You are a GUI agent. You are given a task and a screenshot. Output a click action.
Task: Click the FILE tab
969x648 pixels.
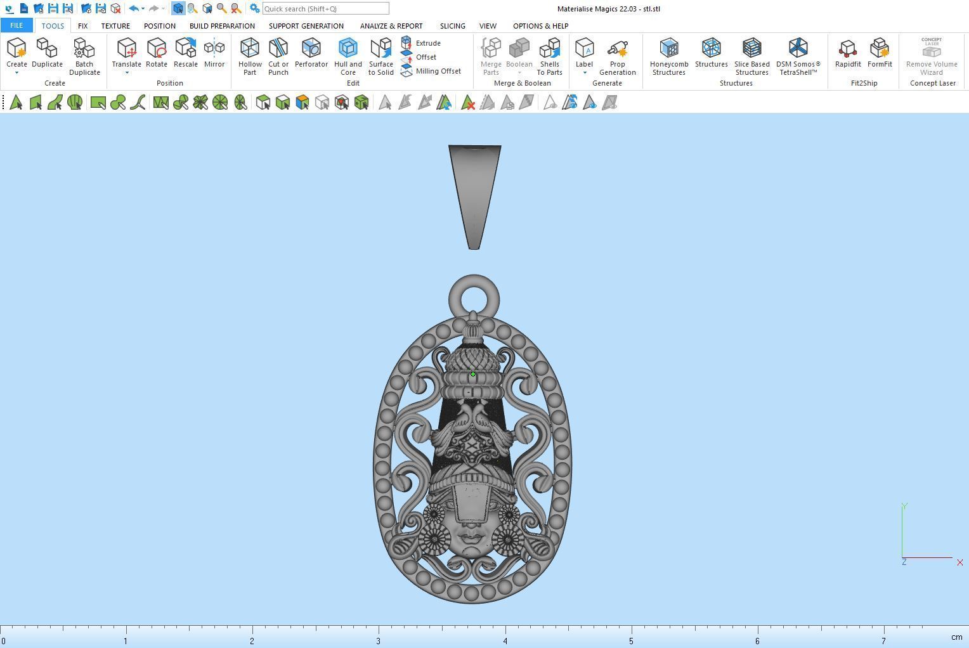(x=16, y=25)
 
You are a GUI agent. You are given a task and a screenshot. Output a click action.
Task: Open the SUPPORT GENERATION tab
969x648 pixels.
(x=306, y=26)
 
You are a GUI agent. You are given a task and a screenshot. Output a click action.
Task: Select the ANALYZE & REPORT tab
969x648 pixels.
(x=391, y=26)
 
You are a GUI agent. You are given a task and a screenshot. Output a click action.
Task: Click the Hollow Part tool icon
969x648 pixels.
(x=250, y=49)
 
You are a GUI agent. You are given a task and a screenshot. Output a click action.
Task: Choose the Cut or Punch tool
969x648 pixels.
(x=278, y=49)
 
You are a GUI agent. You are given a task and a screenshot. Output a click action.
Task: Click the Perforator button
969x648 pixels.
(x=311, y=49)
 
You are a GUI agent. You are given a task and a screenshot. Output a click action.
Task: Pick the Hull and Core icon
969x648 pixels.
(x=348, y=49)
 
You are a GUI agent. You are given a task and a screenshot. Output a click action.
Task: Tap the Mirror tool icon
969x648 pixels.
(x=214, y=49)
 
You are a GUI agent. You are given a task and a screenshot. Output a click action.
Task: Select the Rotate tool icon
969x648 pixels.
(x=157, y=49)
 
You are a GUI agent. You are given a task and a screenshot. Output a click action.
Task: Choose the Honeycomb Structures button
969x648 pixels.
(x=668, y=49)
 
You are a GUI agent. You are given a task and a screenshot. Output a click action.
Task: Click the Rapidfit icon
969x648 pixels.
(x=847, y=49)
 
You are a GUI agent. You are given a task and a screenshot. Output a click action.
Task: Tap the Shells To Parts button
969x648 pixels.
(x=549, y=49)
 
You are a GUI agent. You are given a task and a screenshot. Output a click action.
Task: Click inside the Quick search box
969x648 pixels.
(x=325, y=9)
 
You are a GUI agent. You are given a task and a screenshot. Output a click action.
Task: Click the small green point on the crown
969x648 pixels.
(x=473, y=374)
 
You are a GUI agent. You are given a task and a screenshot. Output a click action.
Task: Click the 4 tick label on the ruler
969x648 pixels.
(x=505, y=640)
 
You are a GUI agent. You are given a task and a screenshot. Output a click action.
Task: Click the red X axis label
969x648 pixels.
(x=959, y=562)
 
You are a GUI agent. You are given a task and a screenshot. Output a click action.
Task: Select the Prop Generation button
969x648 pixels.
(x=617, y=49)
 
